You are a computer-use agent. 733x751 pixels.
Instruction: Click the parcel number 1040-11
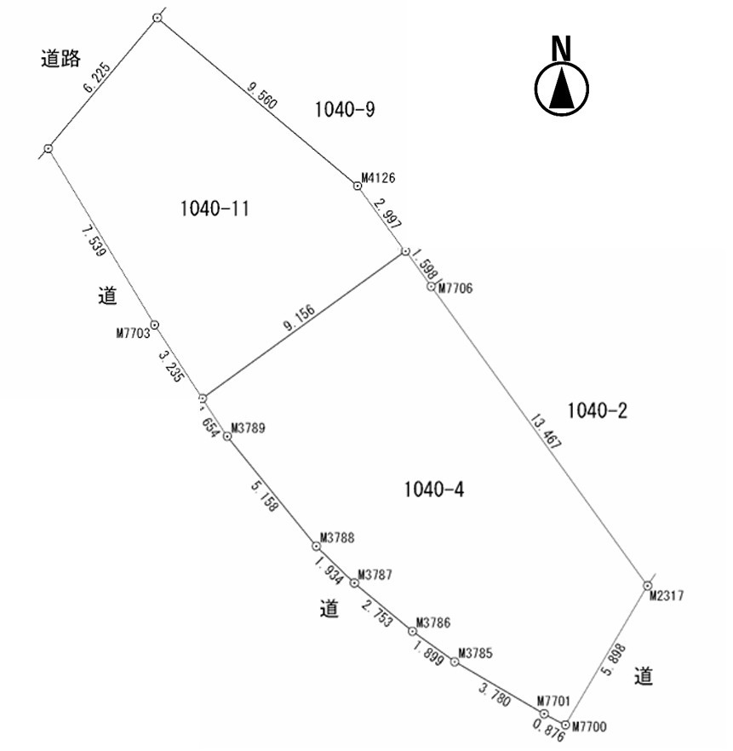[x=215, y=209]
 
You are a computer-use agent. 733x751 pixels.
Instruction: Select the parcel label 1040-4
[x=434, y=490]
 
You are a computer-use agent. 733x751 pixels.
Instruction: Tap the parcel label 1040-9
[x=345, y=109]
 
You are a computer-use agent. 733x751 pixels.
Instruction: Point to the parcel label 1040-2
[x=597, y=410]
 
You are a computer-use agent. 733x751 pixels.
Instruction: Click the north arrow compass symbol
[x=562, y=77]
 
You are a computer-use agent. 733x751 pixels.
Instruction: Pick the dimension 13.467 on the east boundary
[x=546, y=432]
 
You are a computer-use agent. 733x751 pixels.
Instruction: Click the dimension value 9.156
[x=299, y=318]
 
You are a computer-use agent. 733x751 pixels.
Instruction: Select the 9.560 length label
[x=262, y=95]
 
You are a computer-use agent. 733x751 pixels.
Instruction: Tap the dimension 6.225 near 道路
[x=97, y=77]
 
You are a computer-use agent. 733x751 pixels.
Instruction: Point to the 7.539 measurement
[x=94, y=241]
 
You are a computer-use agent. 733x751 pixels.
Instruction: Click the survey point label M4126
[x=378, y=178]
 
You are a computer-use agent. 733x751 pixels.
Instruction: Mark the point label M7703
[x=133, y=333]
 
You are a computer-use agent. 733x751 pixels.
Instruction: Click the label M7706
[x=455, y=288]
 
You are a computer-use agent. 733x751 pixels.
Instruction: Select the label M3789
[x=248, y=427]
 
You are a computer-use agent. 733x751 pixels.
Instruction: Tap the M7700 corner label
[x=589, y=727]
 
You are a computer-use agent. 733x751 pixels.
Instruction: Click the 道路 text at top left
[x=60, y=59]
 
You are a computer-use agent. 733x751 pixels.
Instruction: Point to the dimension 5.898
[x=613, y=660]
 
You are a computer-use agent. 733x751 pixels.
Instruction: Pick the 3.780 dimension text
[x=495, y=695]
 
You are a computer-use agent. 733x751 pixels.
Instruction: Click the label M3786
[x=433, y=622]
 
